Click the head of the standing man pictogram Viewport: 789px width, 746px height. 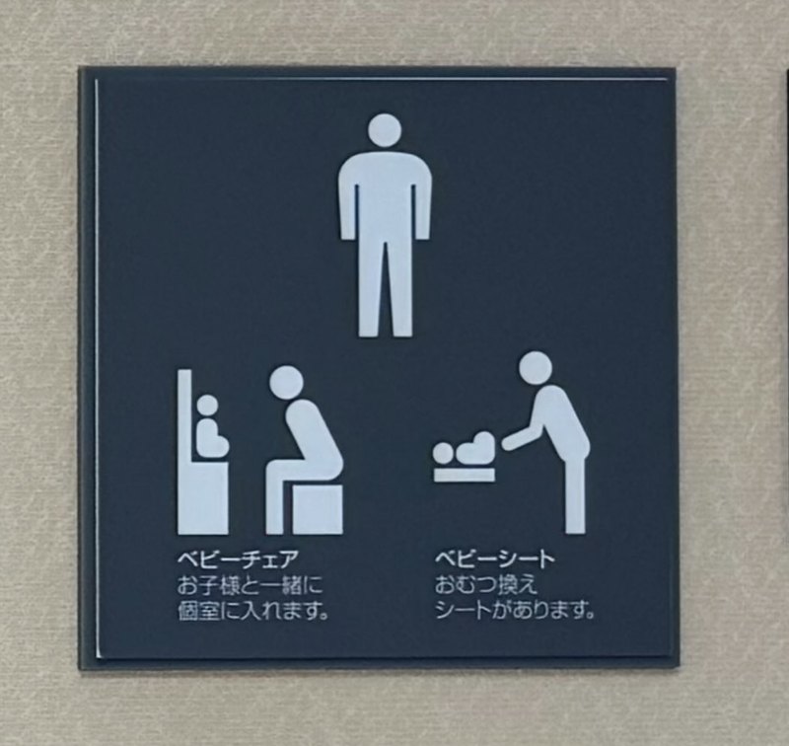pos(385,130)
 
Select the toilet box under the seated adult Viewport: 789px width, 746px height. pos(318,509)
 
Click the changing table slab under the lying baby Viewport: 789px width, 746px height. pos(464,475)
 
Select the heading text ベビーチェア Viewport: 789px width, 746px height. pos(238,559)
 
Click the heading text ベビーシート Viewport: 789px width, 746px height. pos(495,559)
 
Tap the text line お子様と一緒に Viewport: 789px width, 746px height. pos(251,586)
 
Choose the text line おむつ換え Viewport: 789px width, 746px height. pos(486,586)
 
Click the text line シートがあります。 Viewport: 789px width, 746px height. pos(515,612)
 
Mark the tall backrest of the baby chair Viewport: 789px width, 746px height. pos(184,452)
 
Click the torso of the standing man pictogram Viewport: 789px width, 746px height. pos(385,196)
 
